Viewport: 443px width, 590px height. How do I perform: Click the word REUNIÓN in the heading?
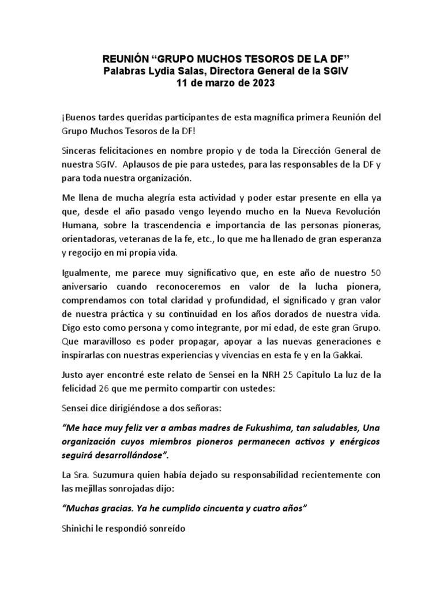coord(124,59)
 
